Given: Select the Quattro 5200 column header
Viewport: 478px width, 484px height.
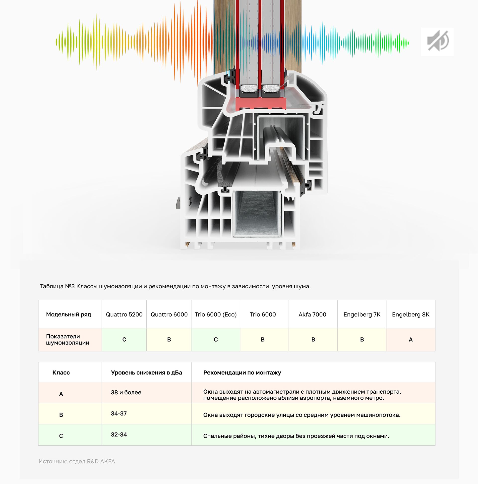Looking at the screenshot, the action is pos(124,314).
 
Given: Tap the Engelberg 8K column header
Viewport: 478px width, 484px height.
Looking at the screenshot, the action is pos(411,314).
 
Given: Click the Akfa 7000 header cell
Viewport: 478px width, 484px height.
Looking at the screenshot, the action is pos(312,314).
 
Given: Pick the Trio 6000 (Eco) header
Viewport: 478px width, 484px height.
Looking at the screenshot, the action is pos(216,314).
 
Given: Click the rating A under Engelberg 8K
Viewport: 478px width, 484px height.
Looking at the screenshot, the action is pos(411,339).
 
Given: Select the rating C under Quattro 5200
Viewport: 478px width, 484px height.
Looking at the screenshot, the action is pos(124,339).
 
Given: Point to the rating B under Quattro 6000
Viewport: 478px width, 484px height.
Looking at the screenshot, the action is pos(169,339).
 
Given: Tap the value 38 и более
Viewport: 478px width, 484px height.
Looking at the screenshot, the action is pos(126,392).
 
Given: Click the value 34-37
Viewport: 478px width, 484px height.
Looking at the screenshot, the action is pos(119,413).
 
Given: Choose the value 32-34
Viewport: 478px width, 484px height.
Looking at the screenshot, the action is pos(119,434).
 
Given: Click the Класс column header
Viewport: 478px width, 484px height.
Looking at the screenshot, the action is pos(61,372).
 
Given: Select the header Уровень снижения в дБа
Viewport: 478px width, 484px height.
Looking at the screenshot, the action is pos(146,372).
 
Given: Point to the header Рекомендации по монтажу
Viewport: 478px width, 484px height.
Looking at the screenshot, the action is pos(242,372).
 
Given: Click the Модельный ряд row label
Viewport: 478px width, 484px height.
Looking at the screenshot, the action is pos(68,314).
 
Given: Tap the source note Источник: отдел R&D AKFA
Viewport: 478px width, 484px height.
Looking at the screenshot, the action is pos(77,461).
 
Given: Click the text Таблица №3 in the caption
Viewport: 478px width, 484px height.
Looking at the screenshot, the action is pos(57,286).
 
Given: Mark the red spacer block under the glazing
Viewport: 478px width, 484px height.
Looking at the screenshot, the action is pos(261,103).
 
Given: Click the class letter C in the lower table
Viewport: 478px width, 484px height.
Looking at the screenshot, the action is pos(61,436).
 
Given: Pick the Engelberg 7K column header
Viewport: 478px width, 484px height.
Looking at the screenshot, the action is pos(362,314).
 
